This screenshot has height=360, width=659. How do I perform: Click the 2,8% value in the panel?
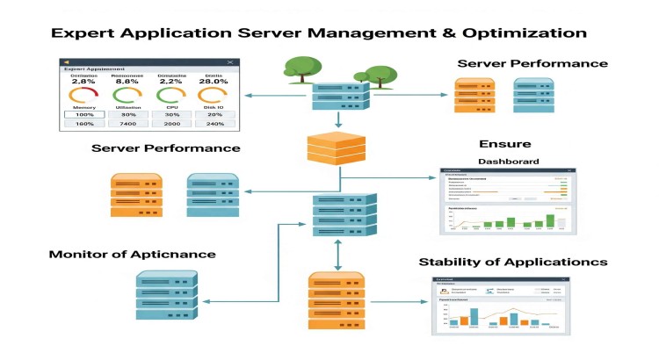[83, 82]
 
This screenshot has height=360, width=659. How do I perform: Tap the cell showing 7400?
[127, 124]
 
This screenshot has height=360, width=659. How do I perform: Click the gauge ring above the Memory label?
[83, 96]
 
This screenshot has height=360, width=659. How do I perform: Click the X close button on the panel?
[230, 61]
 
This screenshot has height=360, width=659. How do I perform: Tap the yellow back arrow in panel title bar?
[68, 61]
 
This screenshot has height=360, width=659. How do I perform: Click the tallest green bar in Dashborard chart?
[550, 220]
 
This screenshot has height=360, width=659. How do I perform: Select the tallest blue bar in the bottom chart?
[474, 317]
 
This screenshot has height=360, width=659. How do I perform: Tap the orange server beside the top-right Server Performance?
[472, 96]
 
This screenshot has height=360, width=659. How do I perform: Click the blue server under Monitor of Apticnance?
[166, 294]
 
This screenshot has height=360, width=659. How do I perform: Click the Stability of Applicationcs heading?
[513, 262]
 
